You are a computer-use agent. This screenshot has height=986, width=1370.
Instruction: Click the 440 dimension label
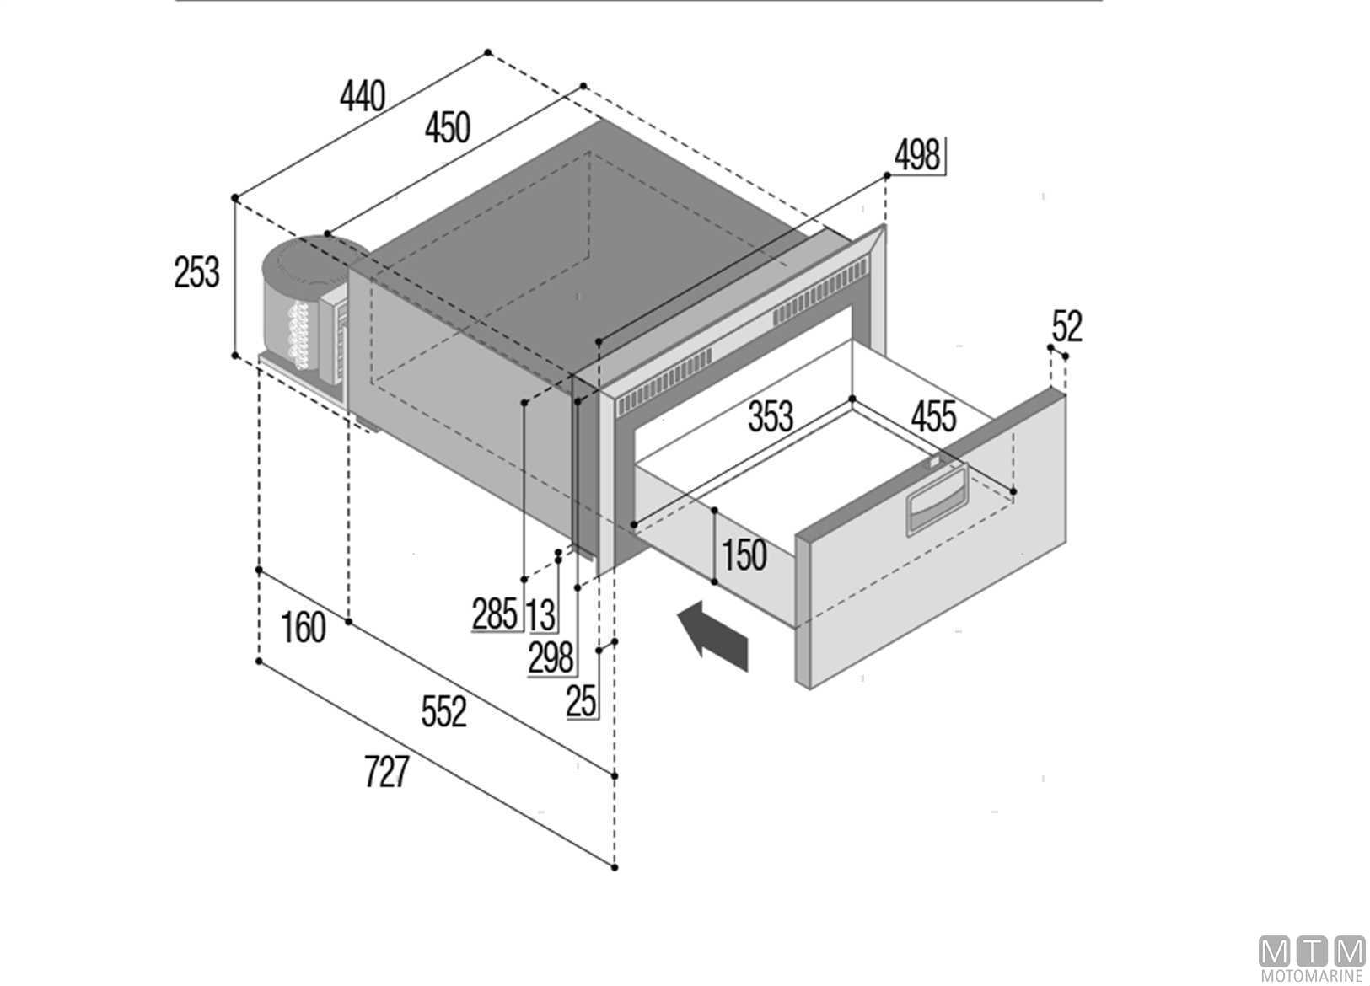pos(363,96)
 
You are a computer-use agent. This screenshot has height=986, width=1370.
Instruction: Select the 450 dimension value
pos(448,128)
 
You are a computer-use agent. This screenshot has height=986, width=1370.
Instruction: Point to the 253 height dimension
pos(197,272)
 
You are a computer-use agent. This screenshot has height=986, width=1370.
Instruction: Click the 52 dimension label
pos(1067,326)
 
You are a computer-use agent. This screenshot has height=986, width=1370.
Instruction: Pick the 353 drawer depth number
pos(771,415)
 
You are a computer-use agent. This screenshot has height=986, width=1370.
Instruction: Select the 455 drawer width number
pos(933,417)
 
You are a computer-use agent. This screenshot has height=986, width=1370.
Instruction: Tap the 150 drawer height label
pos(744,555)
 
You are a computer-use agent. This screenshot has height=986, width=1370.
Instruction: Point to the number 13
pos(541,615)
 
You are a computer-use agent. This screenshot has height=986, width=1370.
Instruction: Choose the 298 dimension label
pos(551,658)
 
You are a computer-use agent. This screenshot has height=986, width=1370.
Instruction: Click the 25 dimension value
pos(581,701)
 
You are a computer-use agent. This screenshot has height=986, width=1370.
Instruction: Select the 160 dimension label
pos(304,628)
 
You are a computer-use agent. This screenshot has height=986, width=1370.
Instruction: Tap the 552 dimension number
pos(444,711)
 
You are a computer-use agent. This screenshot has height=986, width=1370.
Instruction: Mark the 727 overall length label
pos(386,771)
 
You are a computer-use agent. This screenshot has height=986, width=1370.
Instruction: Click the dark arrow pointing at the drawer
pos(713,636)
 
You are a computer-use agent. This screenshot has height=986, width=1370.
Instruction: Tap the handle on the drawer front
pos(937,499)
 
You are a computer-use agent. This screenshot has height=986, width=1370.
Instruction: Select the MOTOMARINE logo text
pos(1312,976)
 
